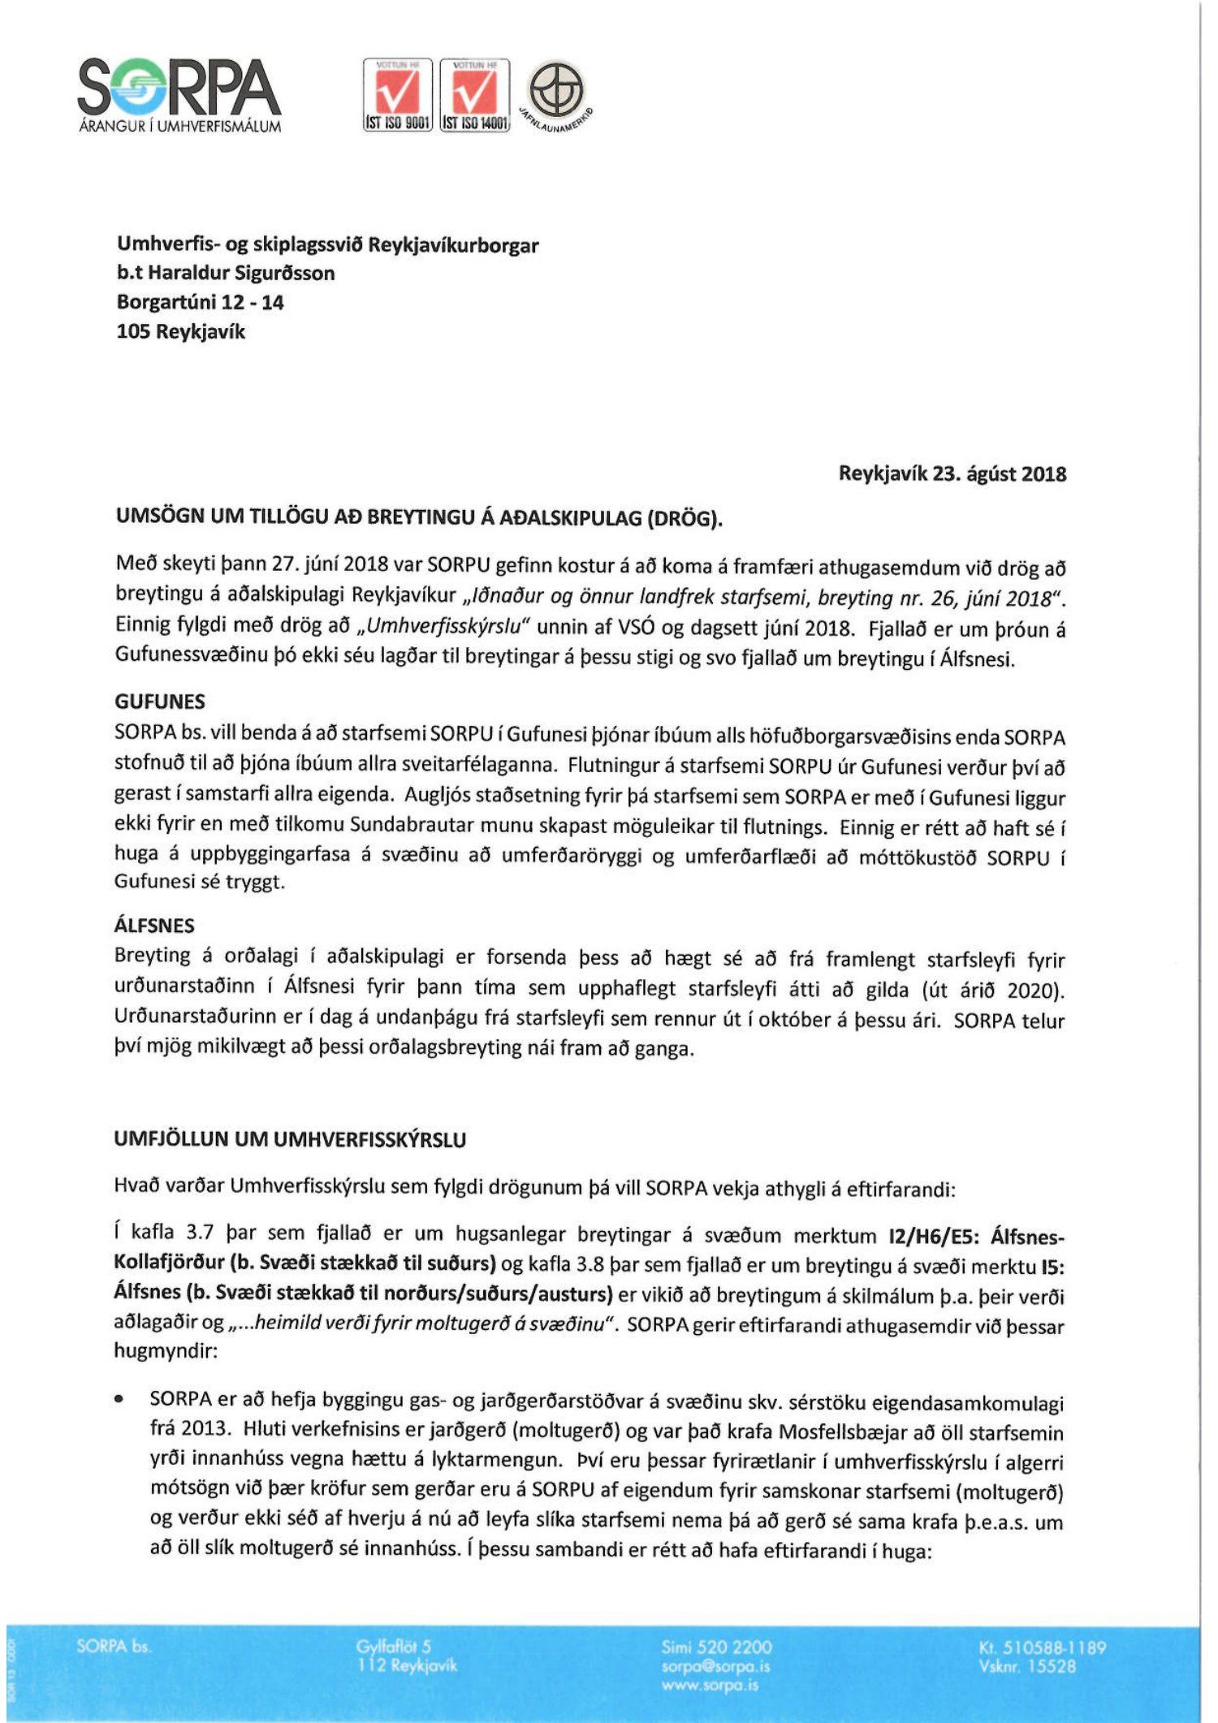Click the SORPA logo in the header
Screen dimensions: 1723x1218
(179, 88)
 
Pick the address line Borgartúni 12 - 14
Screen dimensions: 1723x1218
(200, 302)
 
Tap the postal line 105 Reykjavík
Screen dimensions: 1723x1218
(180, 331)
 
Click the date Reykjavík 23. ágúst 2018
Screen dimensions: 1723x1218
(952, 474)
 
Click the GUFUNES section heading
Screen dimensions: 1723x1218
(160, 702)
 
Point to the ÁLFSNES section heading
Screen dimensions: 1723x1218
(155, 925)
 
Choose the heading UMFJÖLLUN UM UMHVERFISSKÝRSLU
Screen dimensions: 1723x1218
(291, 1139)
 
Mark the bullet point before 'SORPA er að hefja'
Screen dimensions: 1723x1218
(120, 1401)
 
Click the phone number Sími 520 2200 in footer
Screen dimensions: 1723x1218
(716, 1647)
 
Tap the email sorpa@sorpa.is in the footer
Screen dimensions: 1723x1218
(715, 1666)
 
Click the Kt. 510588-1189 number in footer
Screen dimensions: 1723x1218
(1043, 1647)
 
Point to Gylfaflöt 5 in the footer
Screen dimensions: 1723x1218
(394, 1647)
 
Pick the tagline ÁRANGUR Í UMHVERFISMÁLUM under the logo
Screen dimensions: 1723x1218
(180, 127)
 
